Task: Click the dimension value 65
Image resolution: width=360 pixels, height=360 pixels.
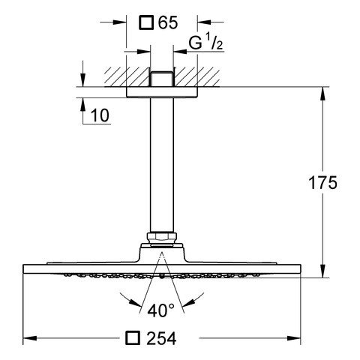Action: (168, 23)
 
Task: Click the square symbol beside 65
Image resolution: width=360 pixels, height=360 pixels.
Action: (146, 22)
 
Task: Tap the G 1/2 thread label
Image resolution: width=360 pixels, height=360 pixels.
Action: (205, 43)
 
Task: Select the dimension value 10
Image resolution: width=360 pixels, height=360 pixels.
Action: (100, 115)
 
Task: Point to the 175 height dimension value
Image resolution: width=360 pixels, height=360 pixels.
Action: (322, 182)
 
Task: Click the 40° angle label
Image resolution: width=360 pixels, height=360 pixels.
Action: (160, 310)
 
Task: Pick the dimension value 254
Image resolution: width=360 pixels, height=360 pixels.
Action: (162, 338)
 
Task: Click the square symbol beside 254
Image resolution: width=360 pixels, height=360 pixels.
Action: (133, 338)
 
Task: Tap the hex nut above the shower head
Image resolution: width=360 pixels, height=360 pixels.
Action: (162, 238)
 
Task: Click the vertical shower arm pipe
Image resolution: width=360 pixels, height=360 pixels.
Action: (162, 165)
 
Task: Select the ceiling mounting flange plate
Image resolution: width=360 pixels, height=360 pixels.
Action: (162, 92)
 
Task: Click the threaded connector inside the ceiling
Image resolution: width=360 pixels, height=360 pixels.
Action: (162, 79)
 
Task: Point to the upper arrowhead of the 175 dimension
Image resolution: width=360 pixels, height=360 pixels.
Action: (322, 94)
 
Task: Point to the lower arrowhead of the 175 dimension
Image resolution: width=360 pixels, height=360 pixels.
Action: (322, 271)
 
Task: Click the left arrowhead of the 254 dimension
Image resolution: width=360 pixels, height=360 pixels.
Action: (30, 338)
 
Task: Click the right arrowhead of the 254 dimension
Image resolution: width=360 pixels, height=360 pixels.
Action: (294, 338)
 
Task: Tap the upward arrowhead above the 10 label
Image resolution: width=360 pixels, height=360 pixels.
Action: (82, 104)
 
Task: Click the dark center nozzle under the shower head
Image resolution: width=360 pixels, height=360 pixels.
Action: (162, 276)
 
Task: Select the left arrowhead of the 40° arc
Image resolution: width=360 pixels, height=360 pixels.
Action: (135, 303)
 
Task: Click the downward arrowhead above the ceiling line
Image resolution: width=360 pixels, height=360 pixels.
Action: (82, 80)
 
